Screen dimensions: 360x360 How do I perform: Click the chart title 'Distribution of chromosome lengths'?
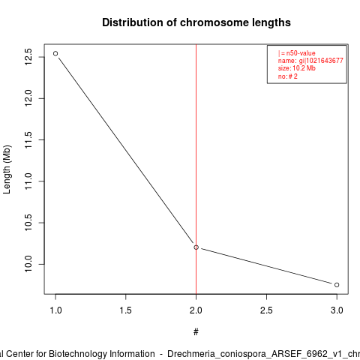click(196, 22)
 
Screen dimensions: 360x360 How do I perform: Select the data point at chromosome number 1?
click(55, 53)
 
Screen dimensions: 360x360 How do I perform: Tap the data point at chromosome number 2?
click(196, 247)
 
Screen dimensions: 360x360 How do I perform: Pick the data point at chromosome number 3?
click(337, 285)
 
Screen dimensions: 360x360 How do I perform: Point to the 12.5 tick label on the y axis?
click(28, 57)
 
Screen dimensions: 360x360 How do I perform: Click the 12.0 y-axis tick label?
click(28, 98)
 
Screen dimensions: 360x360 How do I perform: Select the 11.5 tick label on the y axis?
click(28, 139)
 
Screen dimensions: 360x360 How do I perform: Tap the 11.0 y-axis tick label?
click(28, 181)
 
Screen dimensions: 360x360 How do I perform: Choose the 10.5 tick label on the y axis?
click(28, 223)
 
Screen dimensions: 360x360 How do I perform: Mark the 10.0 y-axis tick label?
click(28, 264)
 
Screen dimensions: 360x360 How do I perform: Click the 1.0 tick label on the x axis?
click(55, 310)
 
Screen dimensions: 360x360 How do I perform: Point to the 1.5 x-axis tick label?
click(125, 310)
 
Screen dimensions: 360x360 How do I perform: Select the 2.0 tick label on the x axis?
click(196, 310)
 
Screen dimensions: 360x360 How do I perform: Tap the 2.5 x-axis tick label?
click(266, 310)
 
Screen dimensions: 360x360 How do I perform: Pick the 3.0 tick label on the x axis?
click(337, 310)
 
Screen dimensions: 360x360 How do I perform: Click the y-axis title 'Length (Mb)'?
click(7, 169)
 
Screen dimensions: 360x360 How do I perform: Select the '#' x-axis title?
click(196, 332)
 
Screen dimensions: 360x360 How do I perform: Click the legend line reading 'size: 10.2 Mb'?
click(297, 68)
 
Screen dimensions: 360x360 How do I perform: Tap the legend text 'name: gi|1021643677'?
click(310, 61)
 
